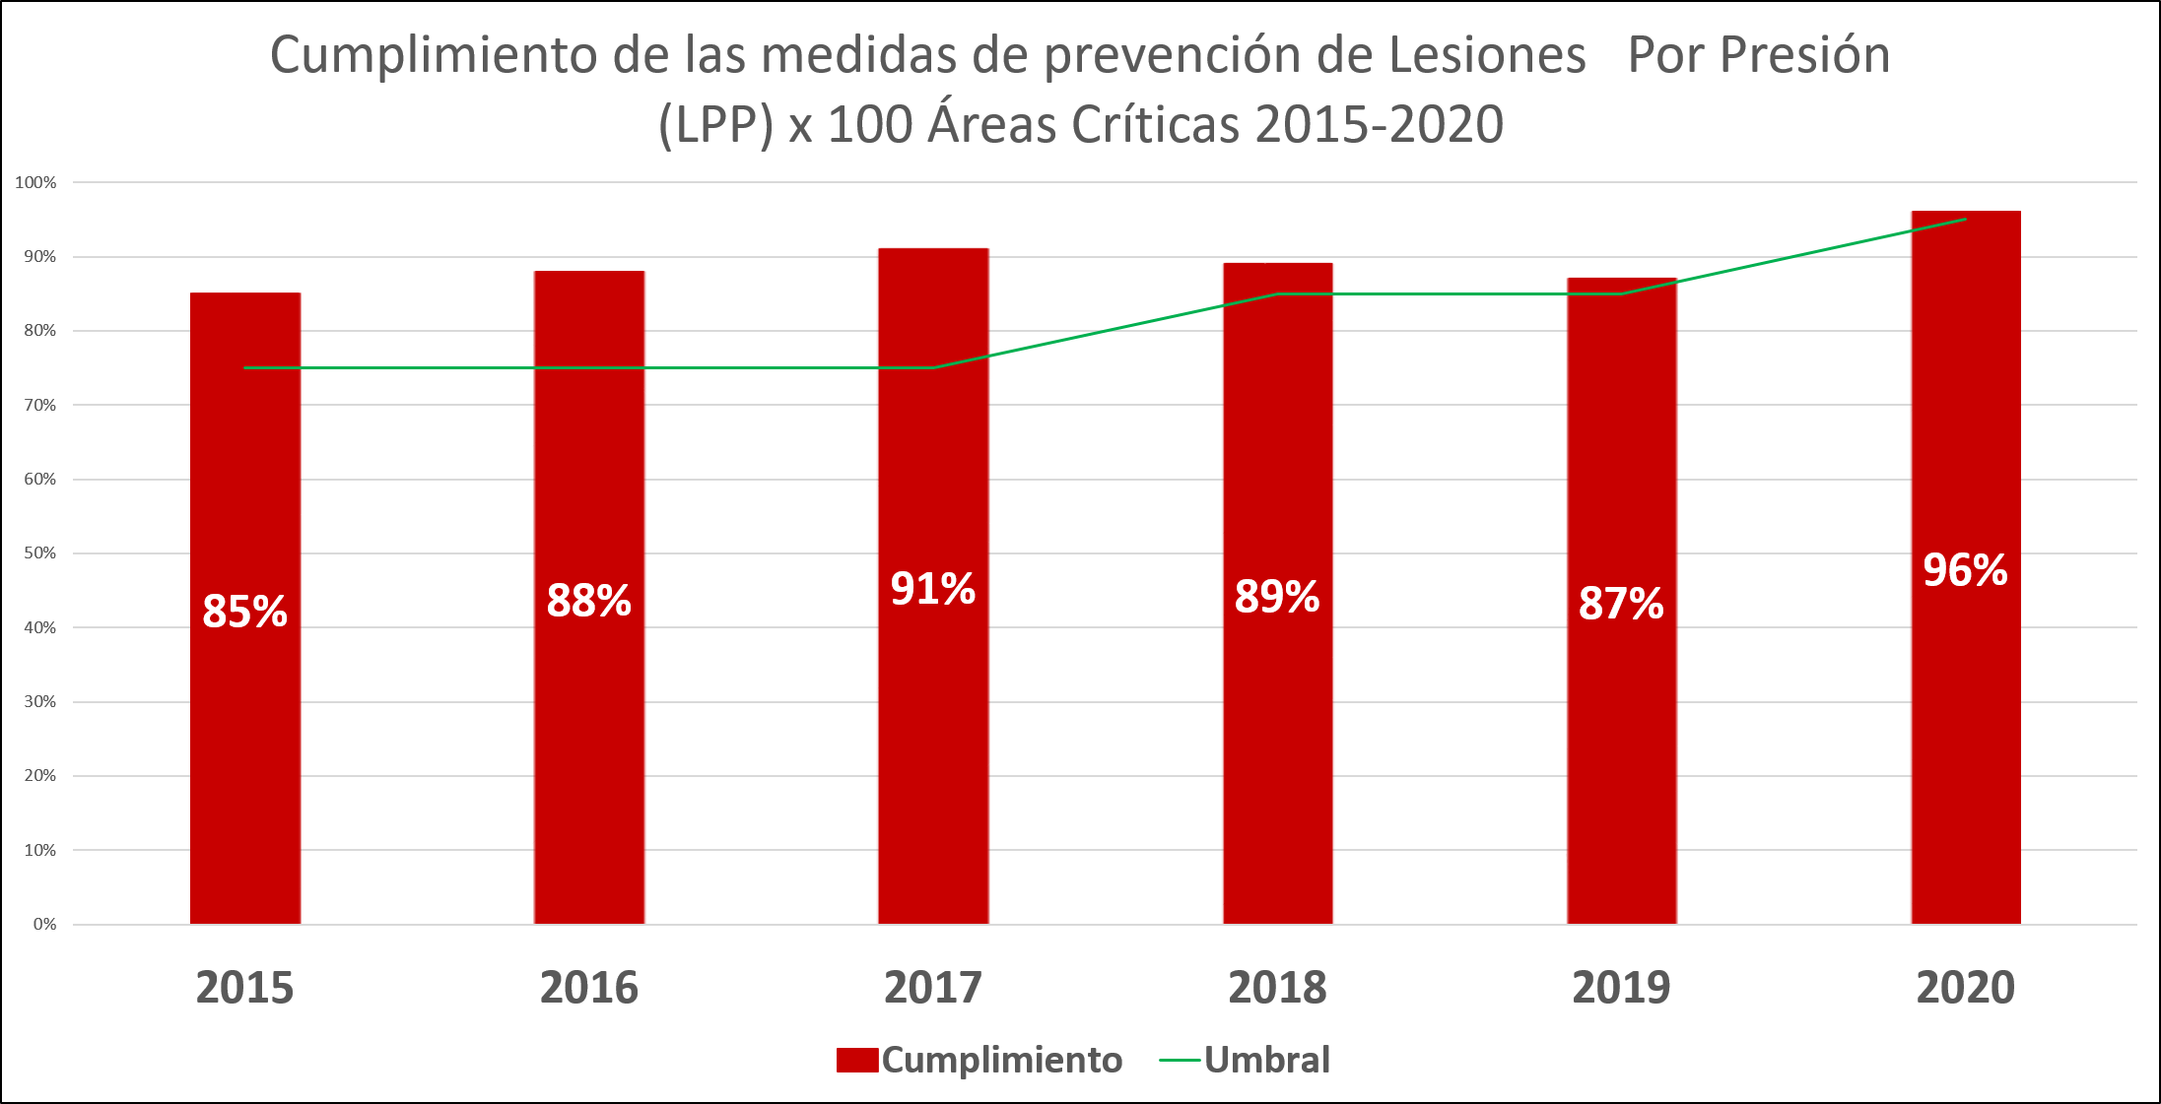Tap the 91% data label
[932, 589]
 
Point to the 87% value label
[1621, 604]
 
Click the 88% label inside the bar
[588, 601]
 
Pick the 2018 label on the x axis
[1277, 988]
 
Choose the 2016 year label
[588, 988]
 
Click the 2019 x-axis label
[1621, 988]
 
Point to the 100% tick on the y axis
[35, 182]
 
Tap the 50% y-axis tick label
[39, 552]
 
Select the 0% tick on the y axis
[44, 924]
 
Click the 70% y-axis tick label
[39, 405]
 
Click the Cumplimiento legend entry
[1001, 1060]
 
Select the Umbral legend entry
[1266, 1060]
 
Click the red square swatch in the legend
[856, 1060]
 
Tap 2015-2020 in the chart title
[1380, 125]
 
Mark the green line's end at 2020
[1965, 219]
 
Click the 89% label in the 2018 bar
[1277, 597]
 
